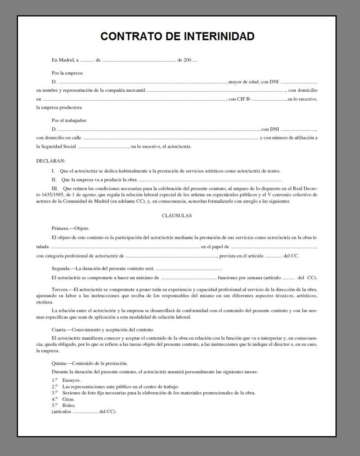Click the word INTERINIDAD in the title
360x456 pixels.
pyautogui.click(x=219, y=36)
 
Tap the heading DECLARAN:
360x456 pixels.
pyautogui.click(x=50, y=161)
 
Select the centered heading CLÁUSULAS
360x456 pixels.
pyautogui.click(x=176, y=215)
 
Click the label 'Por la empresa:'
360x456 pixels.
pyautogui.click(x=67, y=73)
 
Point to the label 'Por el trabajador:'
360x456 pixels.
pyautogui.click(x=69, y=120)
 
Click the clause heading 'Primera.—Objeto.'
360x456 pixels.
pyautogui.click(x=71, y=228)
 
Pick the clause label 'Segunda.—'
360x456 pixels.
pyautogui.click(x=64, y=268)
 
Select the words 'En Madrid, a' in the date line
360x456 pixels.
pyautogui.click(x=65, y=60)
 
